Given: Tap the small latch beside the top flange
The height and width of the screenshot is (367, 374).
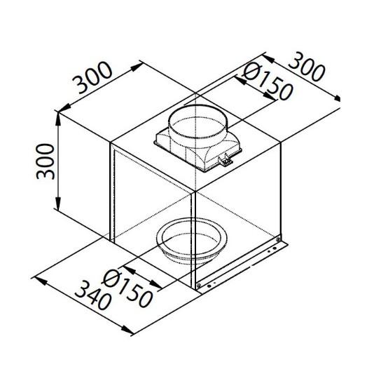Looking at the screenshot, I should [224, 161].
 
